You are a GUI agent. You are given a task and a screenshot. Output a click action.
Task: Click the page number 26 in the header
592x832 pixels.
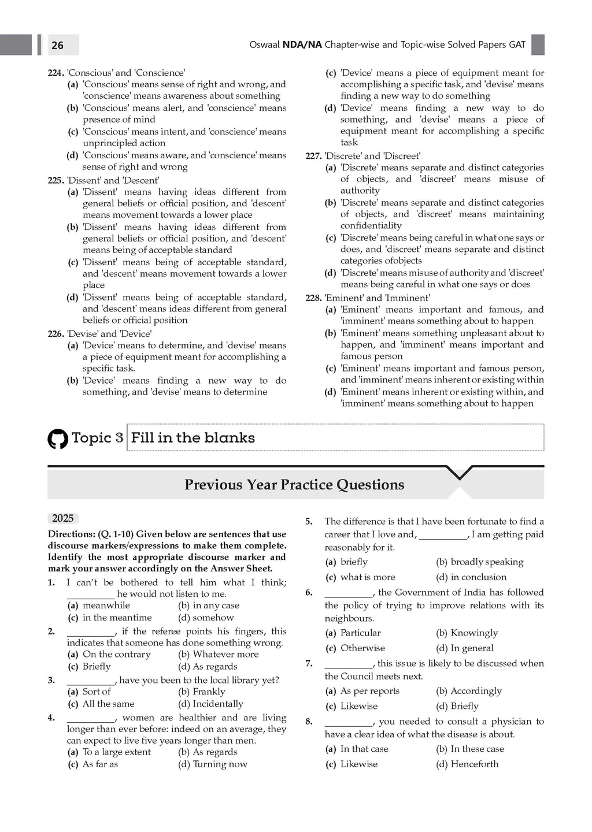pos(57,45)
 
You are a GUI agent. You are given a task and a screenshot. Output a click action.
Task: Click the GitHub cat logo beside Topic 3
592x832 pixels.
pos(58,439)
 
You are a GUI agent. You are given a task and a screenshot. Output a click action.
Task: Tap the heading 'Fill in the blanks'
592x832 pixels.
pos(193,437)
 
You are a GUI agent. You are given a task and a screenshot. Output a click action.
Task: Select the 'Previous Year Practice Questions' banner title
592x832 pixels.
pos(294,484)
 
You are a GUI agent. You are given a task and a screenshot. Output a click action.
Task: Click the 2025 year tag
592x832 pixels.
pos(63,518)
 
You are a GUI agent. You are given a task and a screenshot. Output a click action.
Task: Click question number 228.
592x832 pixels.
pos(313,298)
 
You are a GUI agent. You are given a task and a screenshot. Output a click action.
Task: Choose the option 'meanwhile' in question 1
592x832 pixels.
pos(106,606)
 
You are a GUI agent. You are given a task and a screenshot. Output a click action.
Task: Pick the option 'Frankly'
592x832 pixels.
pos(209,692)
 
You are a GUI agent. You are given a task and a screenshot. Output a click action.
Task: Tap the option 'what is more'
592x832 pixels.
pos(368,577)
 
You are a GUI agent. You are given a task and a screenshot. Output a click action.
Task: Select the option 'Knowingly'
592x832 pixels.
pos(474,633)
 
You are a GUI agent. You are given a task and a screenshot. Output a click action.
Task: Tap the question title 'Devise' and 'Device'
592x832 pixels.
pos(109,334)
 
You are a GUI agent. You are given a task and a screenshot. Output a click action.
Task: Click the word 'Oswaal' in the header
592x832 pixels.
pos(264,45)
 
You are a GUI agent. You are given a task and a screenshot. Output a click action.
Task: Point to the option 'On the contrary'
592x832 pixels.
pos(116,654)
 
